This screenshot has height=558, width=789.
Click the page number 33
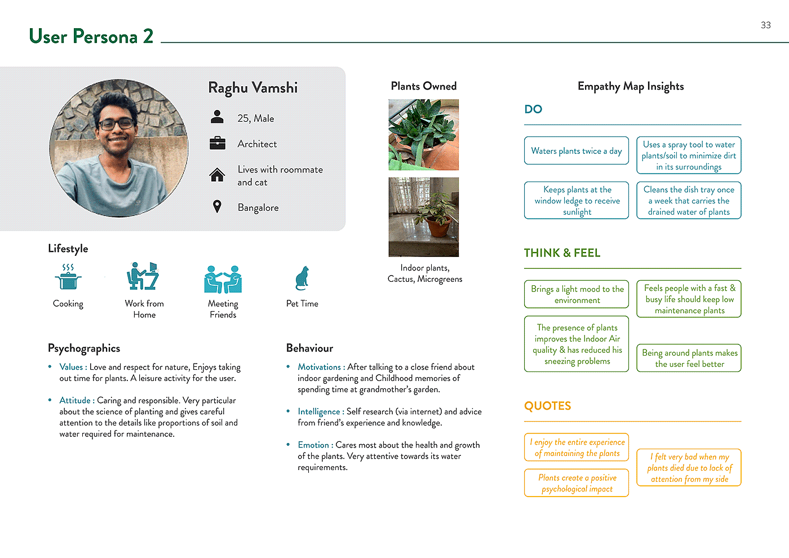click(765, 25)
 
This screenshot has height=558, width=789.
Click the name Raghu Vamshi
click(252, 88)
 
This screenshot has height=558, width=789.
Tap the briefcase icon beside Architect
click(217, 143)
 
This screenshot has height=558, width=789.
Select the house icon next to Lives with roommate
click(217, 175)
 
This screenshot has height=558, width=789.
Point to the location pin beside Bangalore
click(217, 206)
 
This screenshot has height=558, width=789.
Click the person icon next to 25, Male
click(217, 117)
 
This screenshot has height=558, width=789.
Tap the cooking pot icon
click(68, 277)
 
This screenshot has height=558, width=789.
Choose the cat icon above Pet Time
click(302, 278)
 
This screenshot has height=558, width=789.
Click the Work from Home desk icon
click(143, 276)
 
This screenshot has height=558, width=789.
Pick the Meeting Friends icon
click(223, 279)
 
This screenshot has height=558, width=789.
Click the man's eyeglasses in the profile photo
click(117, 124)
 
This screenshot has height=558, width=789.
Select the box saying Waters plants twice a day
click(576, 151)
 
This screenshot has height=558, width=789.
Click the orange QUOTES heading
click(547, 406)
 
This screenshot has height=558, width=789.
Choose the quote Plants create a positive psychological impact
click(576, 483)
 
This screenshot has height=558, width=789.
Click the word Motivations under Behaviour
click(319, 367)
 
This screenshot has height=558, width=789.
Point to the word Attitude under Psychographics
click(75, 400)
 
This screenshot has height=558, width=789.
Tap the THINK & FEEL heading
click(562, 253)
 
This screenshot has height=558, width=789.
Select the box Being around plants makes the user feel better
click(689, 358)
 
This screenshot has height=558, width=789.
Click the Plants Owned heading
click(423, 86)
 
